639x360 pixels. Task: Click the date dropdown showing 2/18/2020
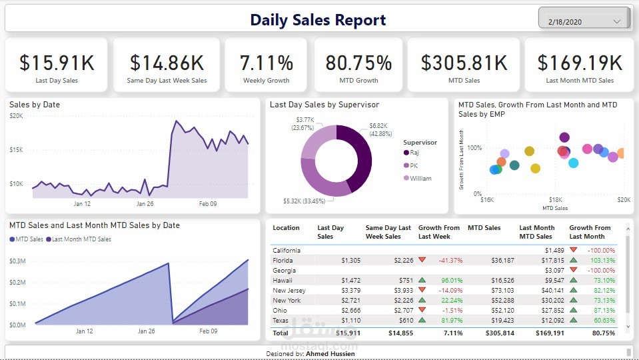pos(584,21)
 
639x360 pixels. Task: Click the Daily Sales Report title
pos(318,20)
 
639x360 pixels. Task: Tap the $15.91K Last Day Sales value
pos(57,63)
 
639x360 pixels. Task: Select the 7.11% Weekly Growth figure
pos(267,63)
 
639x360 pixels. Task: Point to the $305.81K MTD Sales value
pos(464,63)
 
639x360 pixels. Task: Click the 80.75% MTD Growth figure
pos(358,63)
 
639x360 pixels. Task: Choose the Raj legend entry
pos(414,153)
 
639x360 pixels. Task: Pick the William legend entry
pos(420,178)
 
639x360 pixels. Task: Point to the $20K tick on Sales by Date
pos(17,116)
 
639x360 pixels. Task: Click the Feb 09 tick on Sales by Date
pos(209,204)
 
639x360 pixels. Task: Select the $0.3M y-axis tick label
pos(17,261)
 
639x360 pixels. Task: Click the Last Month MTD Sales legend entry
pos(81,239)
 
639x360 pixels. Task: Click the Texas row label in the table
pos(281,321)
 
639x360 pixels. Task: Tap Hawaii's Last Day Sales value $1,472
pos(350,281)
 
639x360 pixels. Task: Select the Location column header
pos(286,228)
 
